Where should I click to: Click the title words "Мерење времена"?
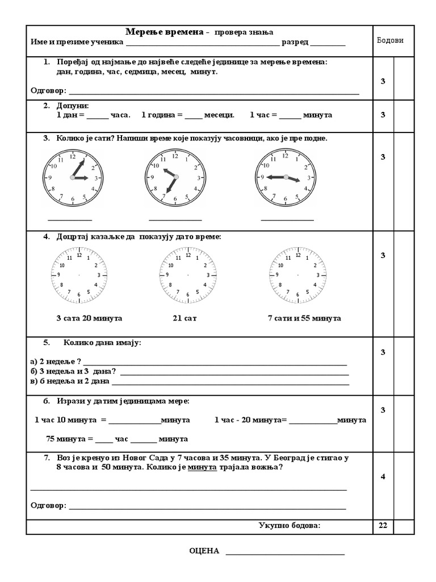[164, 32]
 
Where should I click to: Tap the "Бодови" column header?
[390, 40]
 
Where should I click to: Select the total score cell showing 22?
[383, 526]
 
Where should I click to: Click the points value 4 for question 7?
[383, 476]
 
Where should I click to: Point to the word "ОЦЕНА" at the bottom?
[204, 551]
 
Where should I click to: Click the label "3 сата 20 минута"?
[89, 318]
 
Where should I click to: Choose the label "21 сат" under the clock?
[185, 318]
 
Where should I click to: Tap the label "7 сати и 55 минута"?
[304, 318]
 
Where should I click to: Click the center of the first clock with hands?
[73, 178]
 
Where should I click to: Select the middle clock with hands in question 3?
[175, 177]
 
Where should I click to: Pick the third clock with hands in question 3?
[286, 177]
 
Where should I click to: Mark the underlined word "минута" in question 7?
[203, 467]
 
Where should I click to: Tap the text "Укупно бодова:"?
[290, 525]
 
